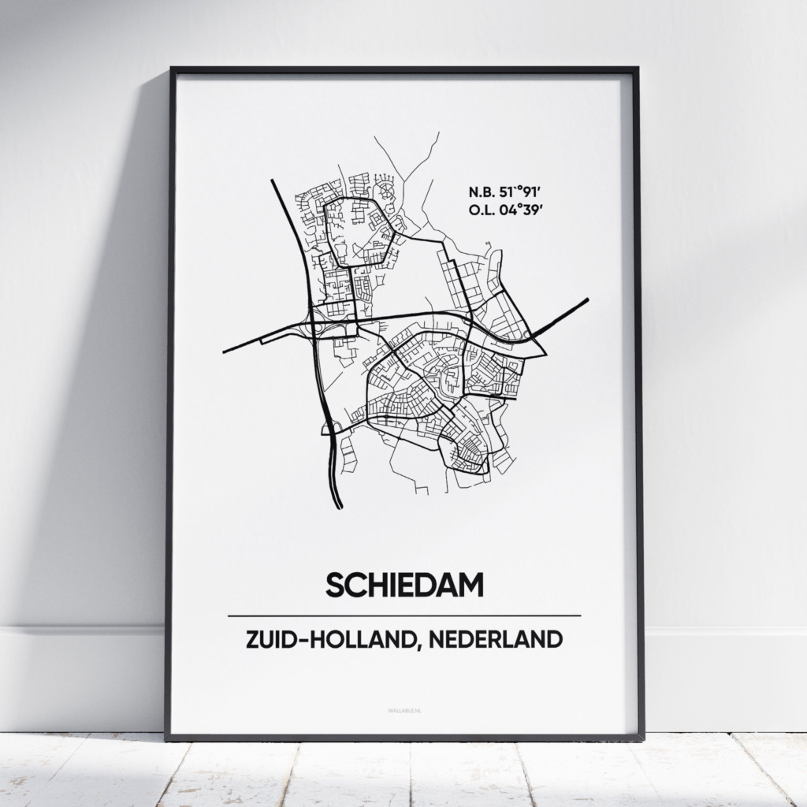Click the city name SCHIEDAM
click(403, 586)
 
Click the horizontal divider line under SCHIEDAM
click(403, 615)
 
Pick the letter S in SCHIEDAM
click(333, 586)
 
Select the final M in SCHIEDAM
click(472, 586)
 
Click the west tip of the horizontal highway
click(225, 351)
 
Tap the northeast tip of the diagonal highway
click(587, 299)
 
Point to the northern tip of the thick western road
click(273, 181)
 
